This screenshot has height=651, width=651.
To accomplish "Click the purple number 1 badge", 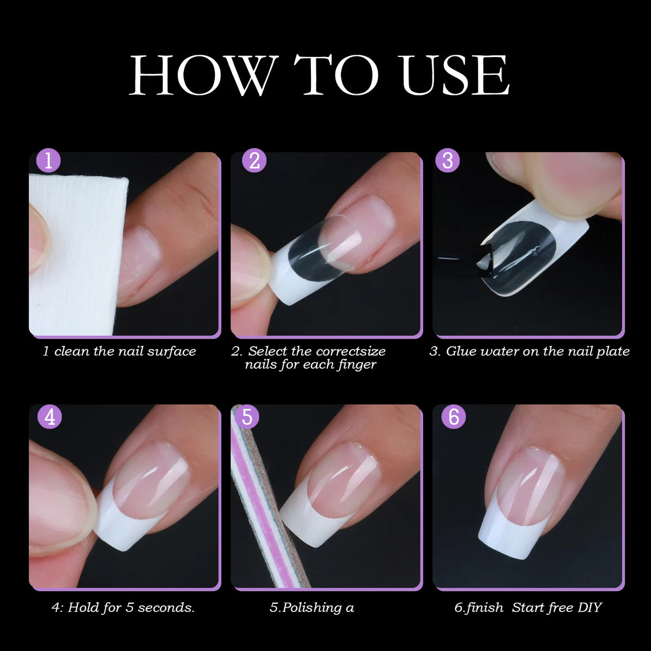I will pos(48,161).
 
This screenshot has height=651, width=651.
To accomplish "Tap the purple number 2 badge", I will pos(254,161).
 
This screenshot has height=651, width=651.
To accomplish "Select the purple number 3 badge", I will pos(448,161).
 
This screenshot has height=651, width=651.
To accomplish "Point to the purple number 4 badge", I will pos(49,417).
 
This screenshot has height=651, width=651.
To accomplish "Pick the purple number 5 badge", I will pos(247,417).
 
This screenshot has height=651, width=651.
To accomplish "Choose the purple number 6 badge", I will pos(454,417).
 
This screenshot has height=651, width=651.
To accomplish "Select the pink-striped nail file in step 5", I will pos(260,499).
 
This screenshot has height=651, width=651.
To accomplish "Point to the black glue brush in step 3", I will pos(461,260).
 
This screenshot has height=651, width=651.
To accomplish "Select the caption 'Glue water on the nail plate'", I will pos(529,352).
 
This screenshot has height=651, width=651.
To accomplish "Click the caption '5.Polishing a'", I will pos(312,608).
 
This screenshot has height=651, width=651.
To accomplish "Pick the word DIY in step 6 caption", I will pos(590,608).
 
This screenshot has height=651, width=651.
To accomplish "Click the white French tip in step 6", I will pos(510,529).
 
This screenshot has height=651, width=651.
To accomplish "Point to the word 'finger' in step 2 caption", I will pos(356,365).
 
